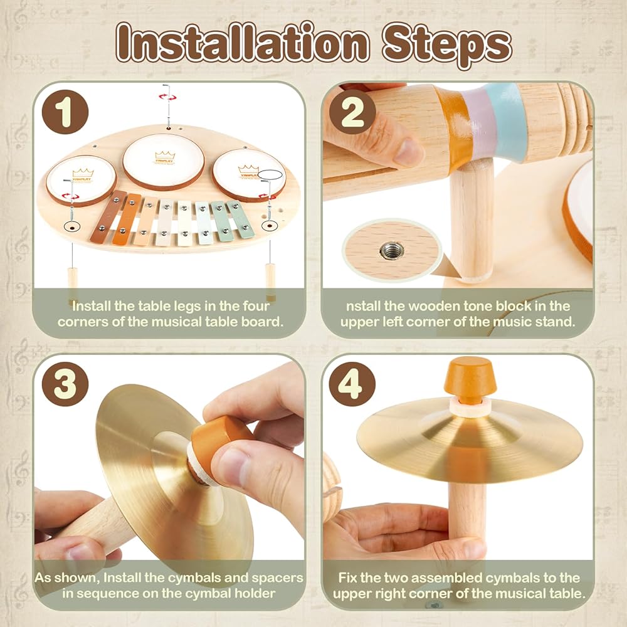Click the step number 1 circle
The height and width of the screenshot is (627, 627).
tap(65, 112)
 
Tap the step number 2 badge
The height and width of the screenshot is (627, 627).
tap(352, 112)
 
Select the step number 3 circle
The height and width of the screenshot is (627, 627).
tap(65, 384)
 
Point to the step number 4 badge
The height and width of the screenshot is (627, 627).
tap(352, 384)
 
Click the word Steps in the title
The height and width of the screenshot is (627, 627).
tap(446, 45)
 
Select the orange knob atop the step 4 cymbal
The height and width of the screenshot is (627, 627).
tap(468, 376)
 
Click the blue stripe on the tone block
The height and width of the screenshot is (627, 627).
tap(507, 120)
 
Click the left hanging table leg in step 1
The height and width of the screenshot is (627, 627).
tap(72, 283)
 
